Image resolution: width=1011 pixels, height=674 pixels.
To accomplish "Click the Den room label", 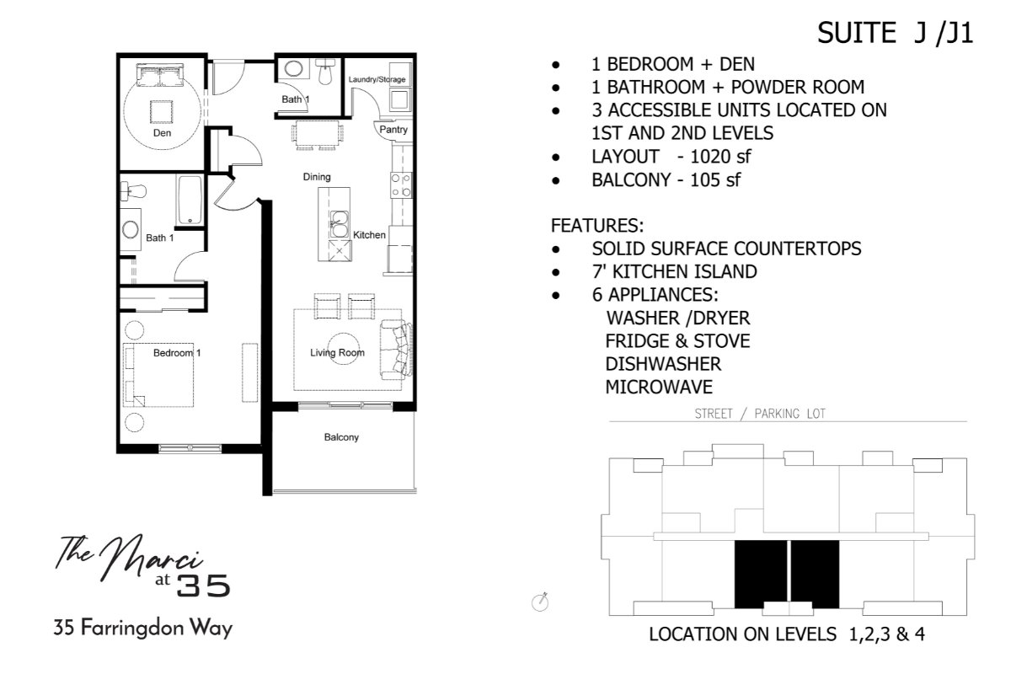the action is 162,133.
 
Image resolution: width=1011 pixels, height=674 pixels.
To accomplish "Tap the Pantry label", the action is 393,130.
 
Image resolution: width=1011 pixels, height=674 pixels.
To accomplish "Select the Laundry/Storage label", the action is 377,79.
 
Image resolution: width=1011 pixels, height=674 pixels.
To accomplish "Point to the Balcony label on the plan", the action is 341,437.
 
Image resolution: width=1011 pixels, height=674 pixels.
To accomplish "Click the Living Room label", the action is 337,352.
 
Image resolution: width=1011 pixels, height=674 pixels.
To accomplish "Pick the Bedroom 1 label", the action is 177,352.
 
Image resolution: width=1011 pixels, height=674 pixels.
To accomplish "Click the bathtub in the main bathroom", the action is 190,200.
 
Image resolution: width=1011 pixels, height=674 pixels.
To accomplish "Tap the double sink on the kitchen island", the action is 339,224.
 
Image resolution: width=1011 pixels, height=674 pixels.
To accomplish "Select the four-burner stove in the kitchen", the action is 401,185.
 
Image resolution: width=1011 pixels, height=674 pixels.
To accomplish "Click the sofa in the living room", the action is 396,350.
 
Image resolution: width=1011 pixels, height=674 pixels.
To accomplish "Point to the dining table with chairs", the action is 317,134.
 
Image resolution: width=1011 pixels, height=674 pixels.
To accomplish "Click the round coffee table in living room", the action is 344,349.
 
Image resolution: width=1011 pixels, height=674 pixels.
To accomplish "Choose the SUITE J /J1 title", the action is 895,33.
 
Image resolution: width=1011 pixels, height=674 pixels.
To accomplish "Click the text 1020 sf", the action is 720,157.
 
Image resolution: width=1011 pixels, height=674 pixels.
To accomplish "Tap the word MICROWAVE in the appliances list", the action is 659,387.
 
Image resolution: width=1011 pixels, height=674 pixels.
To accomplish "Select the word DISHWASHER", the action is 663,364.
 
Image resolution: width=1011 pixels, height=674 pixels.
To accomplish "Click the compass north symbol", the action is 540,602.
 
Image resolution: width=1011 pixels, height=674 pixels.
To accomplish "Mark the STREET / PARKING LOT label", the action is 760,414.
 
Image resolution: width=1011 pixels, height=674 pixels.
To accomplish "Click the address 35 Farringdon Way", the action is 143,628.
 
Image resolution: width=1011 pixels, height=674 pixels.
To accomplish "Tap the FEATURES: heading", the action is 597,225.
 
